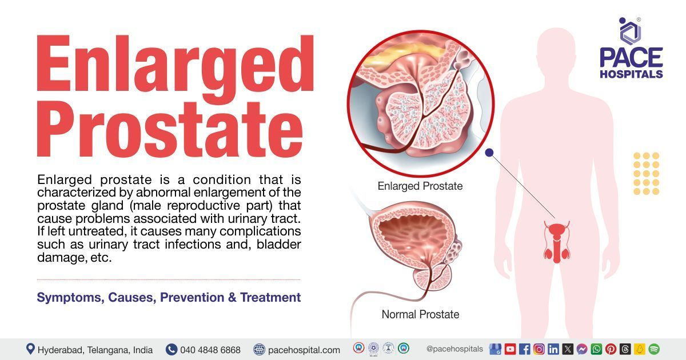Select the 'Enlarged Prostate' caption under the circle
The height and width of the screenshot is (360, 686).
pyautogui.click(x=420, y=186)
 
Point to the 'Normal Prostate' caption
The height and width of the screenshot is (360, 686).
pyautogui.click(x=420, y=314)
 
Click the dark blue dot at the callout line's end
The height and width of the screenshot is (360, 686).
pyautogui.click(x=489, y=153)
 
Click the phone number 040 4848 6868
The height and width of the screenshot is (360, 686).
pyautogui.click(x=210, y=350)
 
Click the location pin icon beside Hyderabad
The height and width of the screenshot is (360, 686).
pyautogui.click(x=30, y=349)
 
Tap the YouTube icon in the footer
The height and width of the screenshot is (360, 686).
pyautogui.click(x=510, y=349)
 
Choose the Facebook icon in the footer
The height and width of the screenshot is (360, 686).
pyautogui.click(x=524, y=349)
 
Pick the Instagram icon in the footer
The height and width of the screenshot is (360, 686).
pyautogui.click(x=539, y=349)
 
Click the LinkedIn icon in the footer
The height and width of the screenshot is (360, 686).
pyautogui.click(x=553, y=349)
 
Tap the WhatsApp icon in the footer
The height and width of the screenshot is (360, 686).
pyautogui.click(x=596, y=349)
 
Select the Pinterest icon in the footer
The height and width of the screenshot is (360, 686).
pyautogui.click(x=611, y=349)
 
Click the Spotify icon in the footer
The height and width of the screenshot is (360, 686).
pyautogui.click(x=654, y=349)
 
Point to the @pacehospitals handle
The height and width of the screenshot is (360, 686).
pyautogui.click(x=454, y=349)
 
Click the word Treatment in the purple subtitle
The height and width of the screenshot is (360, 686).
pyautogui.click(x=270, y=298)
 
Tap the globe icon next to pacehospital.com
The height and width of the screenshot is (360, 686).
pyautogui.click(x=260, y=349)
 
